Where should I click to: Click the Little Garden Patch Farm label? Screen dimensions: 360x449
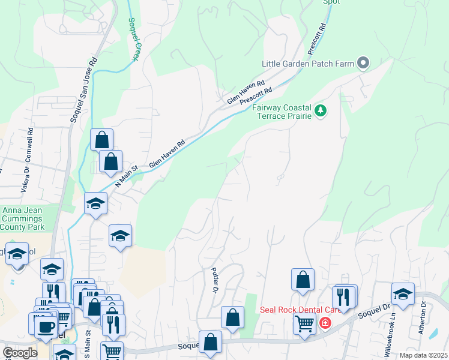click(307, 63)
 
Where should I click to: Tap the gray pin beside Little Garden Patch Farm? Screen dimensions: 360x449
click(363, 62)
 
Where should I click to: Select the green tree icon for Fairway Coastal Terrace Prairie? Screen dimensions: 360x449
click(321, 110)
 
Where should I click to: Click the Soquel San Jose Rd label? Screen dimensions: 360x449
click(83, 90)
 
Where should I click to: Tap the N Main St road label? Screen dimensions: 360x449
click(127, 176)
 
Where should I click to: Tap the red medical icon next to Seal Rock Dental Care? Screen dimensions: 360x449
click(325, 323)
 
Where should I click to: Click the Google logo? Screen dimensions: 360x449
click(20, 353)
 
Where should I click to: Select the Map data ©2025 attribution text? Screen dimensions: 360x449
click(423, 355)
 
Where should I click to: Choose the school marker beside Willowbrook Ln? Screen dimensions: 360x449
click(403, 295)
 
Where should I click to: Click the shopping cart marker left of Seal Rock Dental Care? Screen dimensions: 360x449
click(304, 323)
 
